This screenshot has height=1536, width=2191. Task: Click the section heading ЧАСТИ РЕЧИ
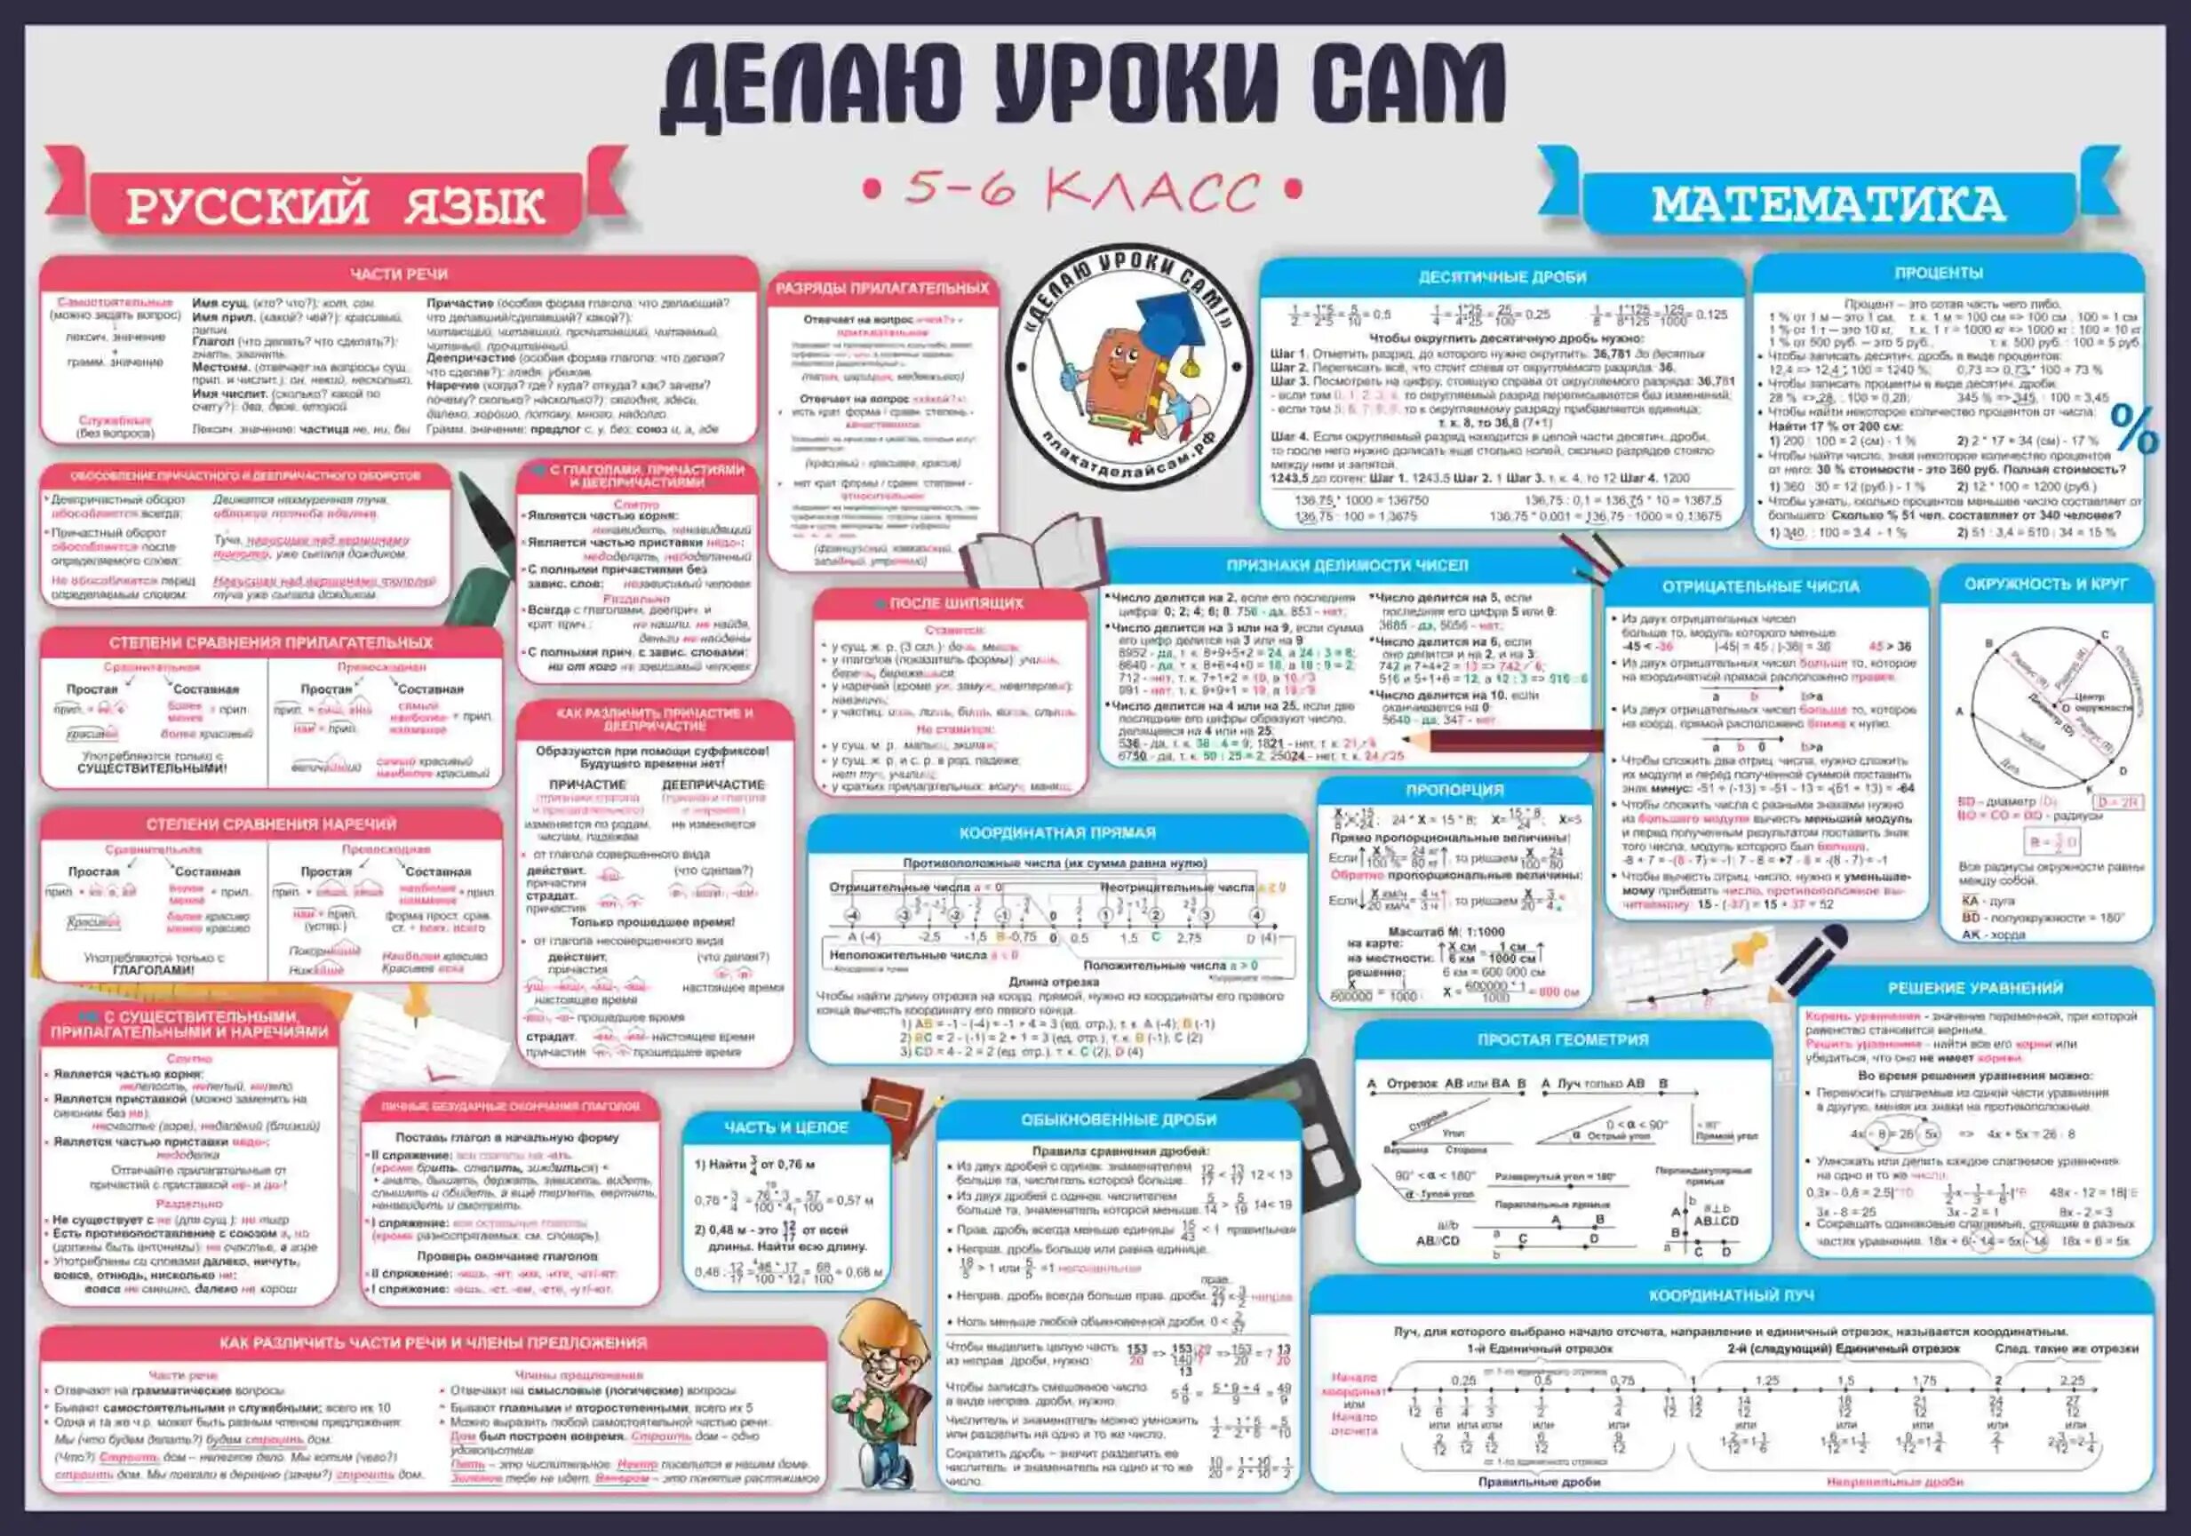coord(399,275)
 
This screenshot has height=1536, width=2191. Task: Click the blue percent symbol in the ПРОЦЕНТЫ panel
coord(2134,429)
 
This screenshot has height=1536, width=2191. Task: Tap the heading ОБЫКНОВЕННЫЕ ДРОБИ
coord(1119,1119)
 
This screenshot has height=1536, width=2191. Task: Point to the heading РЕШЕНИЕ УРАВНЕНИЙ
coord(1974,989)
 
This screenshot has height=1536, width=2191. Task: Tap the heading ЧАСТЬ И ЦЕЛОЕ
coord(785,1127)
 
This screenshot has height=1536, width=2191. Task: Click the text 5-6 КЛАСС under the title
coord(1081,190)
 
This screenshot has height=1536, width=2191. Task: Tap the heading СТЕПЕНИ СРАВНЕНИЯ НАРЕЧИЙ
coord(271,824)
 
